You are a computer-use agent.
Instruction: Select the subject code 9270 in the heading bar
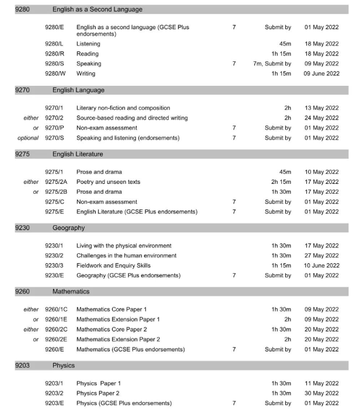click(x=23, y=90)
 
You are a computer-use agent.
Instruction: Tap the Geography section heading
click(x=68, y=228)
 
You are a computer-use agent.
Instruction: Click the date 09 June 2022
click(x=321, y=74)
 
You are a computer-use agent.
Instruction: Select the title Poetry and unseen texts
click(x=108, y=181)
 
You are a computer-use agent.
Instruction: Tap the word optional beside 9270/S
click(x=28, y=138)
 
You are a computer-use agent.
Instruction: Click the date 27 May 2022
click(x=321, y=255)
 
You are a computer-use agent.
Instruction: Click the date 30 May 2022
click(x=321, y=393)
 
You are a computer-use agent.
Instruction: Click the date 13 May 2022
click(x=321, y=108)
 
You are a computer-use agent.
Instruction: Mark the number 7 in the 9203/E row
click(x=234, y=403)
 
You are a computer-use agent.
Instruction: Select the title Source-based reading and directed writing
click(x=132, y=118)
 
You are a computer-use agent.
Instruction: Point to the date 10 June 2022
click(x=321, y=265)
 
